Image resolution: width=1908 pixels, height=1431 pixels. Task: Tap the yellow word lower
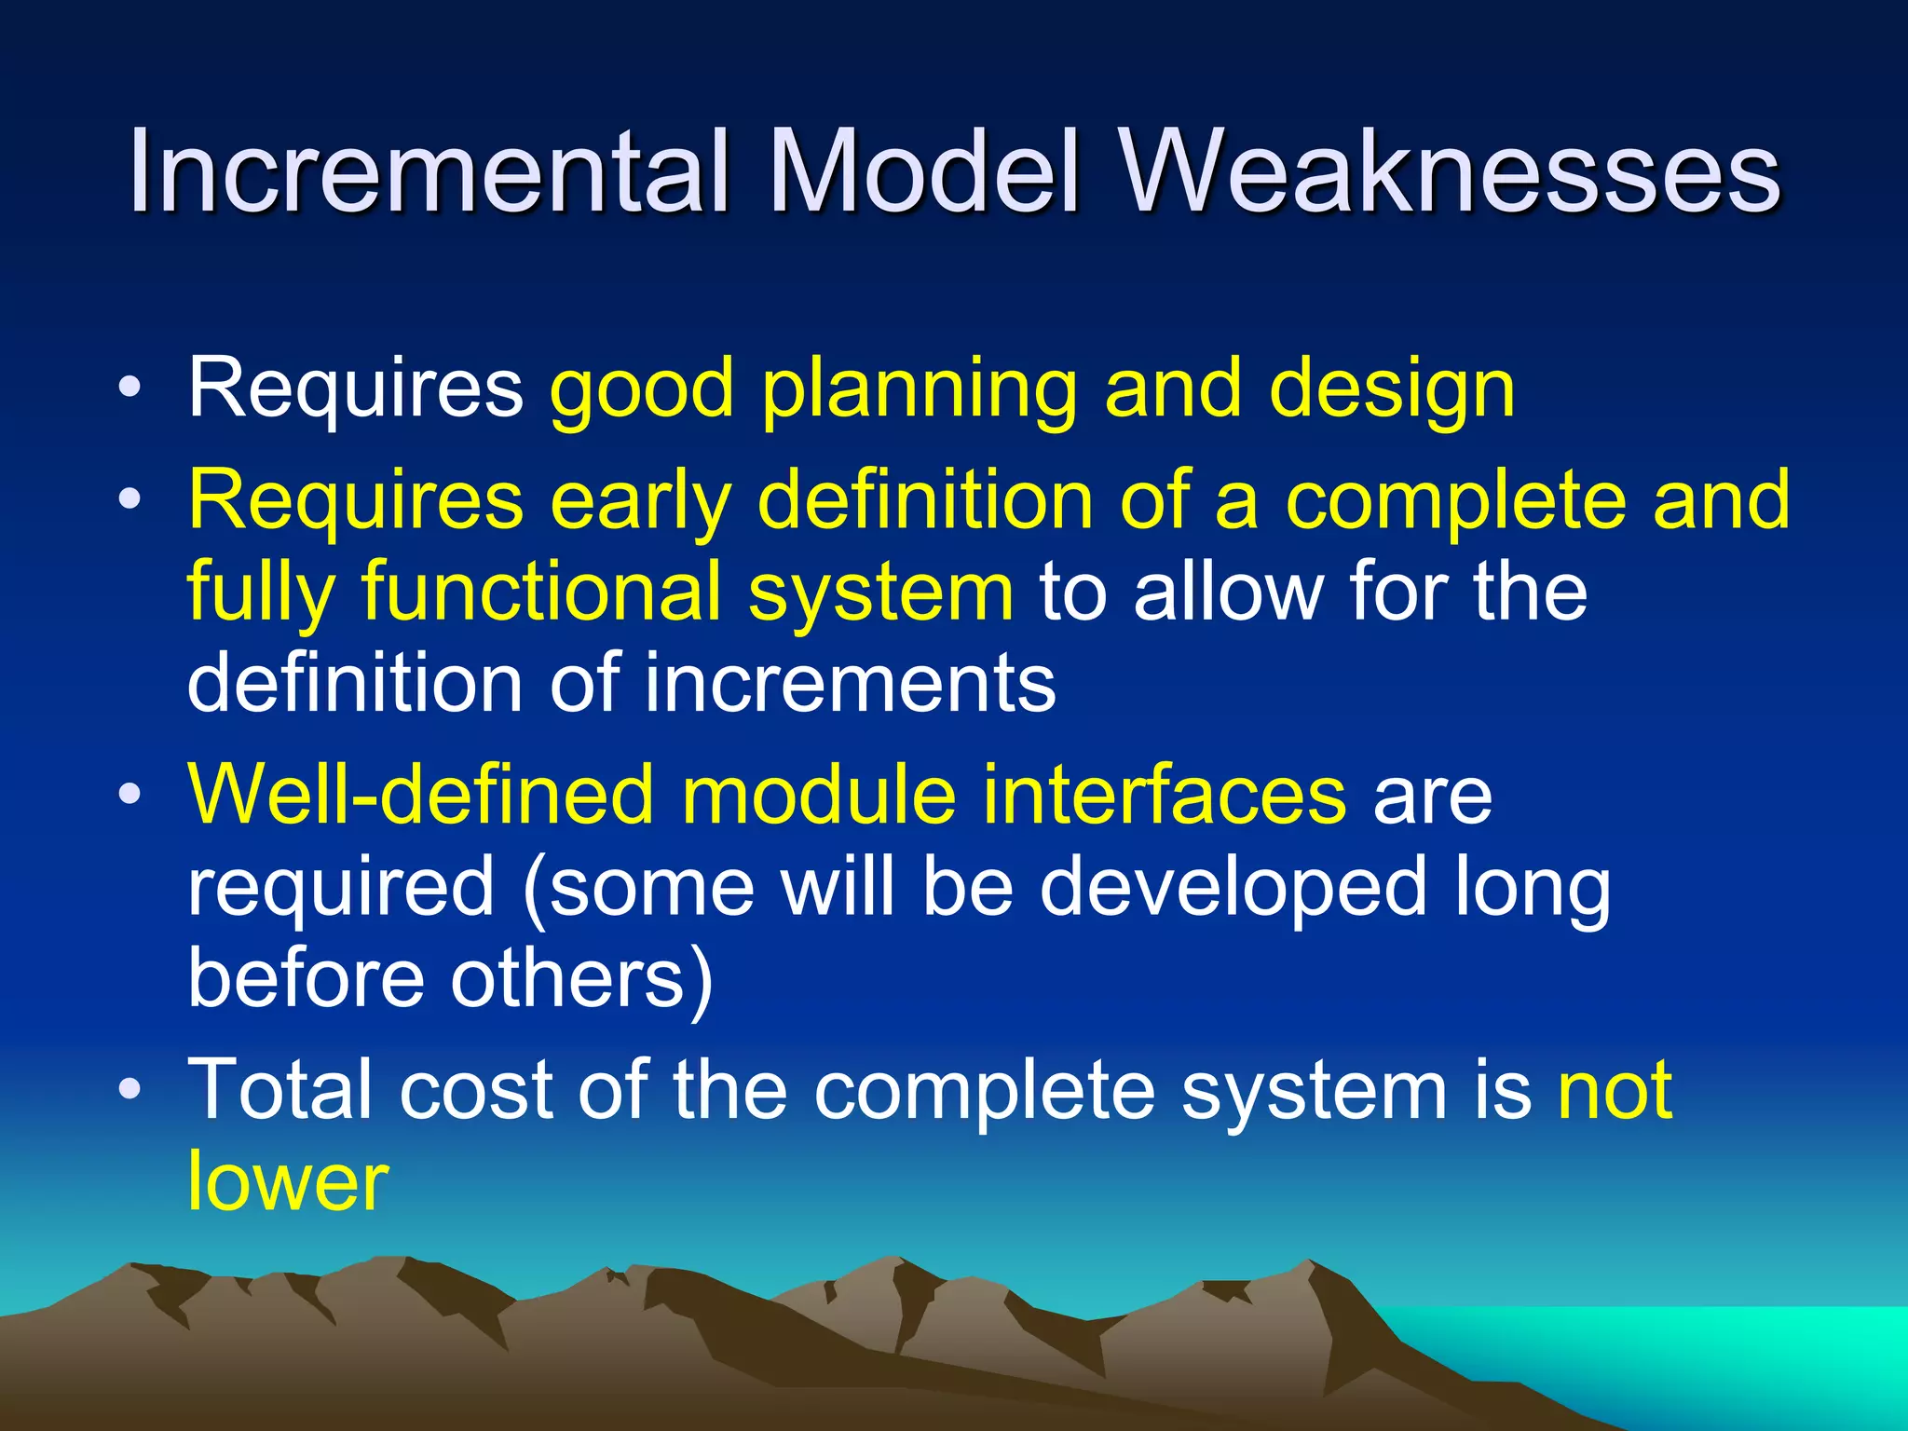287,1181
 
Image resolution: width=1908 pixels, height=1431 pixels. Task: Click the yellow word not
1615,1089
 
